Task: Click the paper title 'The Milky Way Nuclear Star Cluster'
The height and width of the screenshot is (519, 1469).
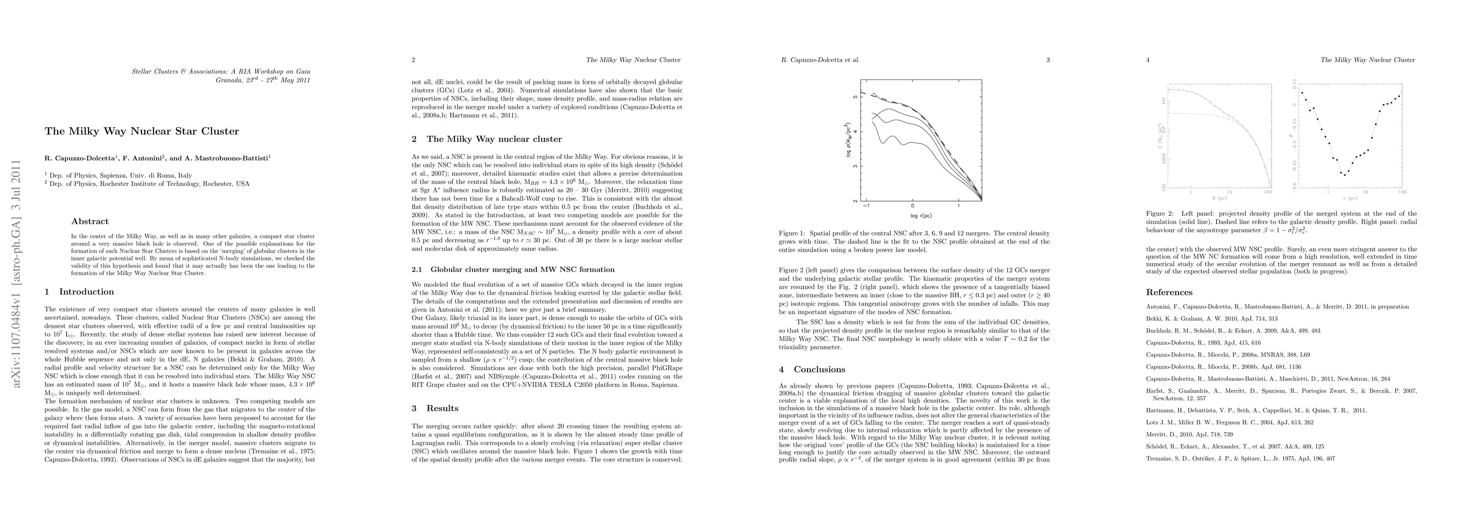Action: (142, 131)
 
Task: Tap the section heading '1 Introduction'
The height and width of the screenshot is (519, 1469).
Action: (79, 292)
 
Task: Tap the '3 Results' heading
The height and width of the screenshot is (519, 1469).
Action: (435, 408)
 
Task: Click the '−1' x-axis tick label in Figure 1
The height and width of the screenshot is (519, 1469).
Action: (867, 206)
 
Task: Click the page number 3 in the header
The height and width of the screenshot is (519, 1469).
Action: (1048, 60)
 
